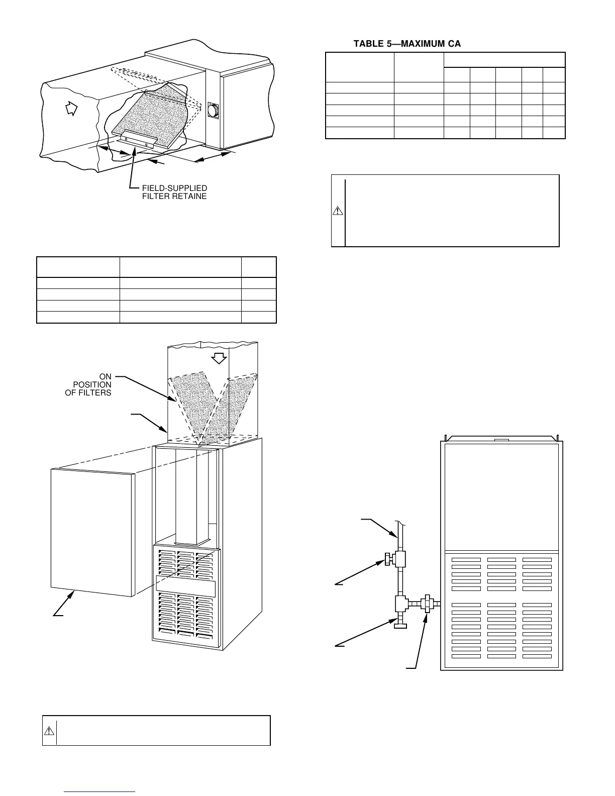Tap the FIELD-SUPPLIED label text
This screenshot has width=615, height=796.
click(x=174, y=188)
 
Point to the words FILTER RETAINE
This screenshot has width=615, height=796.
click(x=174, y=196)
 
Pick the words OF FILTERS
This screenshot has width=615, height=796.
click(x=88, y=392)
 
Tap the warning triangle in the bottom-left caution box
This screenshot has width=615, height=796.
click(x=49, y=730)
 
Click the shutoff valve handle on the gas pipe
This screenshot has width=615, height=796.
click(x=389, y=557)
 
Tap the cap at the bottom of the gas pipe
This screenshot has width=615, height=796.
click(x=400, y=626)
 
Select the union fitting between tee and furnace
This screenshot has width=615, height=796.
click(x=427, y=603)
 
